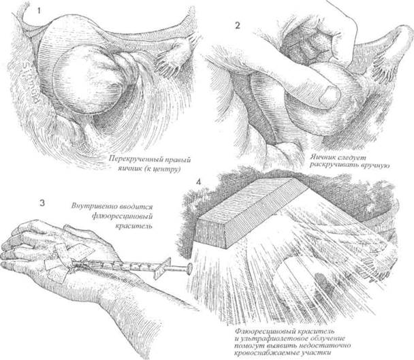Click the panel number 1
click(x=39, y=12)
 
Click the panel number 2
click(x=238, y=26)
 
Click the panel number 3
click(x=42, y=203)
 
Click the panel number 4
click(x=198, y=182)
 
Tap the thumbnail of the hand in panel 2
click(x=330, y=95)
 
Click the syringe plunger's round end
click(x=189, y=269)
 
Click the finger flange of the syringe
click(x=162, y=269)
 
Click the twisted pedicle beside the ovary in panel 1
click(x=129, y=65)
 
